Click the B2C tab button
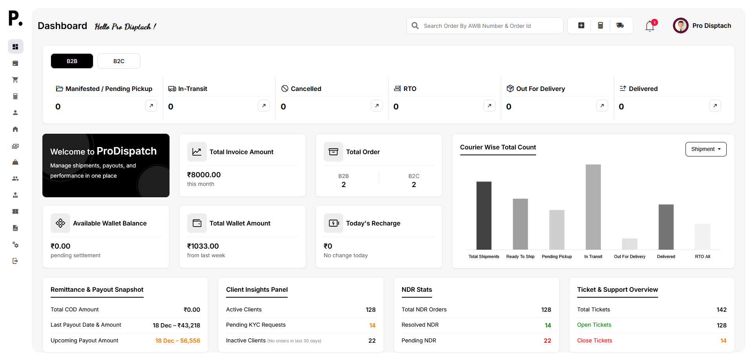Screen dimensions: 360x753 [119, 61]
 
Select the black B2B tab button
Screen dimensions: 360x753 [72, 61]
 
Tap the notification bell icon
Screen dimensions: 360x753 [650, 26]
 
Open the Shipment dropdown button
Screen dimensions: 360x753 [706, 149]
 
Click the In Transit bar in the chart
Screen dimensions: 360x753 [593, 207]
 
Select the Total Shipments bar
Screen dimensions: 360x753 [484, 215]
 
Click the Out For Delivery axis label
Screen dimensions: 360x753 [629, 256]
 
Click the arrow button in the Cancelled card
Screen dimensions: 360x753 [377, 105]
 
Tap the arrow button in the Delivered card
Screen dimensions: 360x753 [715, 105]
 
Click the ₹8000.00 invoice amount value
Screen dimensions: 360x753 [204, 175]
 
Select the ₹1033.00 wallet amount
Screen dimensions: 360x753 [203, 246]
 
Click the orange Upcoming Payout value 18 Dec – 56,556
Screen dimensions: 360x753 [177, 341]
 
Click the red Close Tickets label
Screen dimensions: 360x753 [594, 340]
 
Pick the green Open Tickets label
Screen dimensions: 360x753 [594, 325]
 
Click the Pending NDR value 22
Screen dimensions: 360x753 [547, 341]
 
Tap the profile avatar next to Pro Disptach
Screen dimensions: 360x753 [680, 26]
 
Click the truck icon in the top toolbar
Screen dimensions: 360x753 [620, 25]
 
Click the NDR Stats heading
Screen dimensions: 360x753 [416, 289]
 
